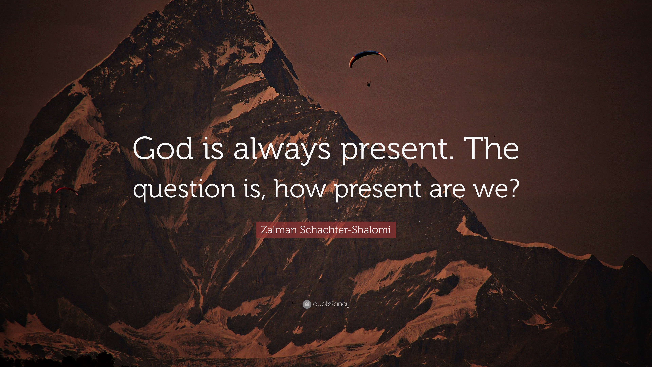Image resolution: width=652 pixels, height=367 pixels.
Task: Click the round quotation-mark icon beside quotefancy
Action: click(x=306, y=304)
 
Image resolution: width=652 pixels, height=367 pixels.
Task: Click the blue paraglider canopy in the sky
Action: click(x=368, y=57)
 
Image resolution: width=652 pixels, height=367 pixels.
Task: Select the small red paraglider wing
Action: click(x=66, y=190)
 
